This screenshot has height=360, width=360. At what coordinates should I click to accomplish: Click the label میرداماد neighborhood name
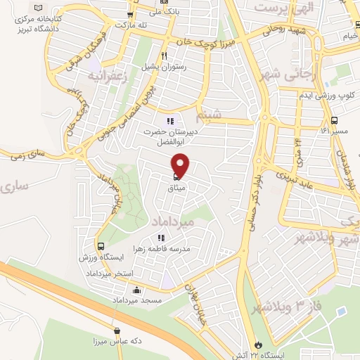pyautogui.click(x=172, y=221)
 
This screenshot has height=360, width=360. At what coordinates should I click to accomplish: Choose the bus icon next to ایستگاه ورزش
pyautogui.click(x=101, y=247)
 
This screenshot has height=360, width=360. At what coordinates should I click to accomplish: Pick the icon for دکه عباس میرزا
pyautogui.click(x=117, y=331)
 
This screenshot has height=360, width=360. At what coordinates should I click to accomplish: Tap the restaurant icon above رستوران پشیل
pyautogui.click(x=163, y=56)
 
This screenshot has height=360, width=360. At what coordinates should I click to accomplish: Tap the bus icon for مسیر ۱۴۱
pyautogui.click(x=335, y=120)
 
